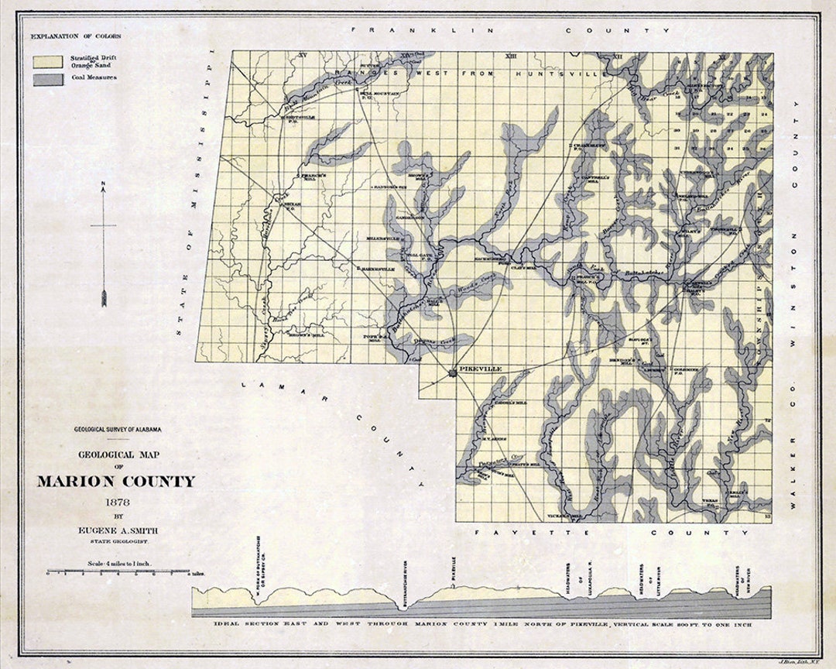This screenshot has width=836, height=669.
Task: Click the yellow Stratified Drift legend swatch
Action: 48,60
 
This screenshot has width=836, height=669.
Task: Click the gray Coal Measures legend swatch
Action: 48,79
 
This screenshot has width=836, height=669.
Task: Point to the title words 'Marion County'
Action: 116,481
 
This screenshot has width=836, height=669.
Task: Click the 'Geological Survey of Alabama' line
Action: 118,429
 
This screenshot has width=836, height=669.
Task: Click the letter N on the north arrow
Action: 103,184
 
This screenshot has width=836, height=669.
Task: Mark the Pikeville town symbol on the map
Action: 452,373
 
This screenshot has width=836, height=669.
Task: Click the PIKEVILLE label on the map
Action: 481,369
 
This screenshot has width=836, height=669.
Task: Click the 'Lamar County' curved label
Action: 333,426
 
